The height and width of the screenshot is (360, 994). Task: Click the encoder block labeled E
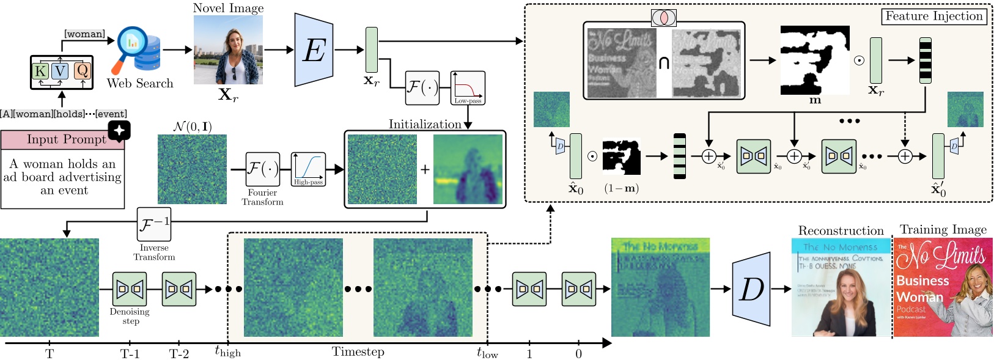[x=314, y=50]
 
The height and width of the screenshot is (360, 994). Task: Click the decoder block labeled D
[x=751, y=289]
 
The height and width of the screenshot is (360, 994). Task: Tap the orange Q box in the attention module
[x=83, y=71]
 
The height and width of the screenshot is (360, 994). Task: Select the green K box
[x=40, y=71]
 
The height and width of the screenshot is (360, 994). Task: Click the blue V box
[x=60, y=71]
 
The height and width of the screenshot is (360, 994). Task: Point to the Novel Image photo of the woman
[x=228, y=50]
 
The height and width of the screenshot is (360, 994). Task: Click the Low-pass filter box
[x=468, y=87]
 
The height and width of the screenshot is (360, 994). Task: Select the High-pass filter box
[x=308, y=169]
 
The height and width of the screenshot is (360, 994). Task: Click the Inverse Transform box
[x=153, y=224]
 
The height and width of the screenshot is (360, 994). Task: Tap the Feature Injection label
[x=933, y=17]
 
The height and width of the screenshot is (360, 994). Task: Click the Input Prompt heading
[x=66, y=139]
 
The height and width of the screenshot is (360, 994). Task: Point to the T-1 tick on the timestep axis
[x=130, y=353]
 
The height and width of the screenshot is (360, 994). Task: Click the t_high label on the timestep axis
[x=227, y=351]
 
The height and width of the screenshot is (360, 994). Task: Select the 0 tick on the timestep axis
[x=578, y=353]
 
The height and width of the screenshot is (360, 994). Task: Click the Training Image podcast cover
[x=943, y=287]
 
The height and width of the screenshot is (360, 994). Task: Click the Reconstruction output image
[x=841, y=287]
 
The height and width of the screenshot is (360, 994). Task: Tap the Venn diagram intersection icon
[x=663, y=18]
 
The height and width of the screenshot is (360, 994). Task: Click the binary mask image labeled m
[x=815, y=60]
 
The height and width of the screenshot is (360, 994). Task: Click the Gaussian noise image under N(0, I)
[x=192, y=169]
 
